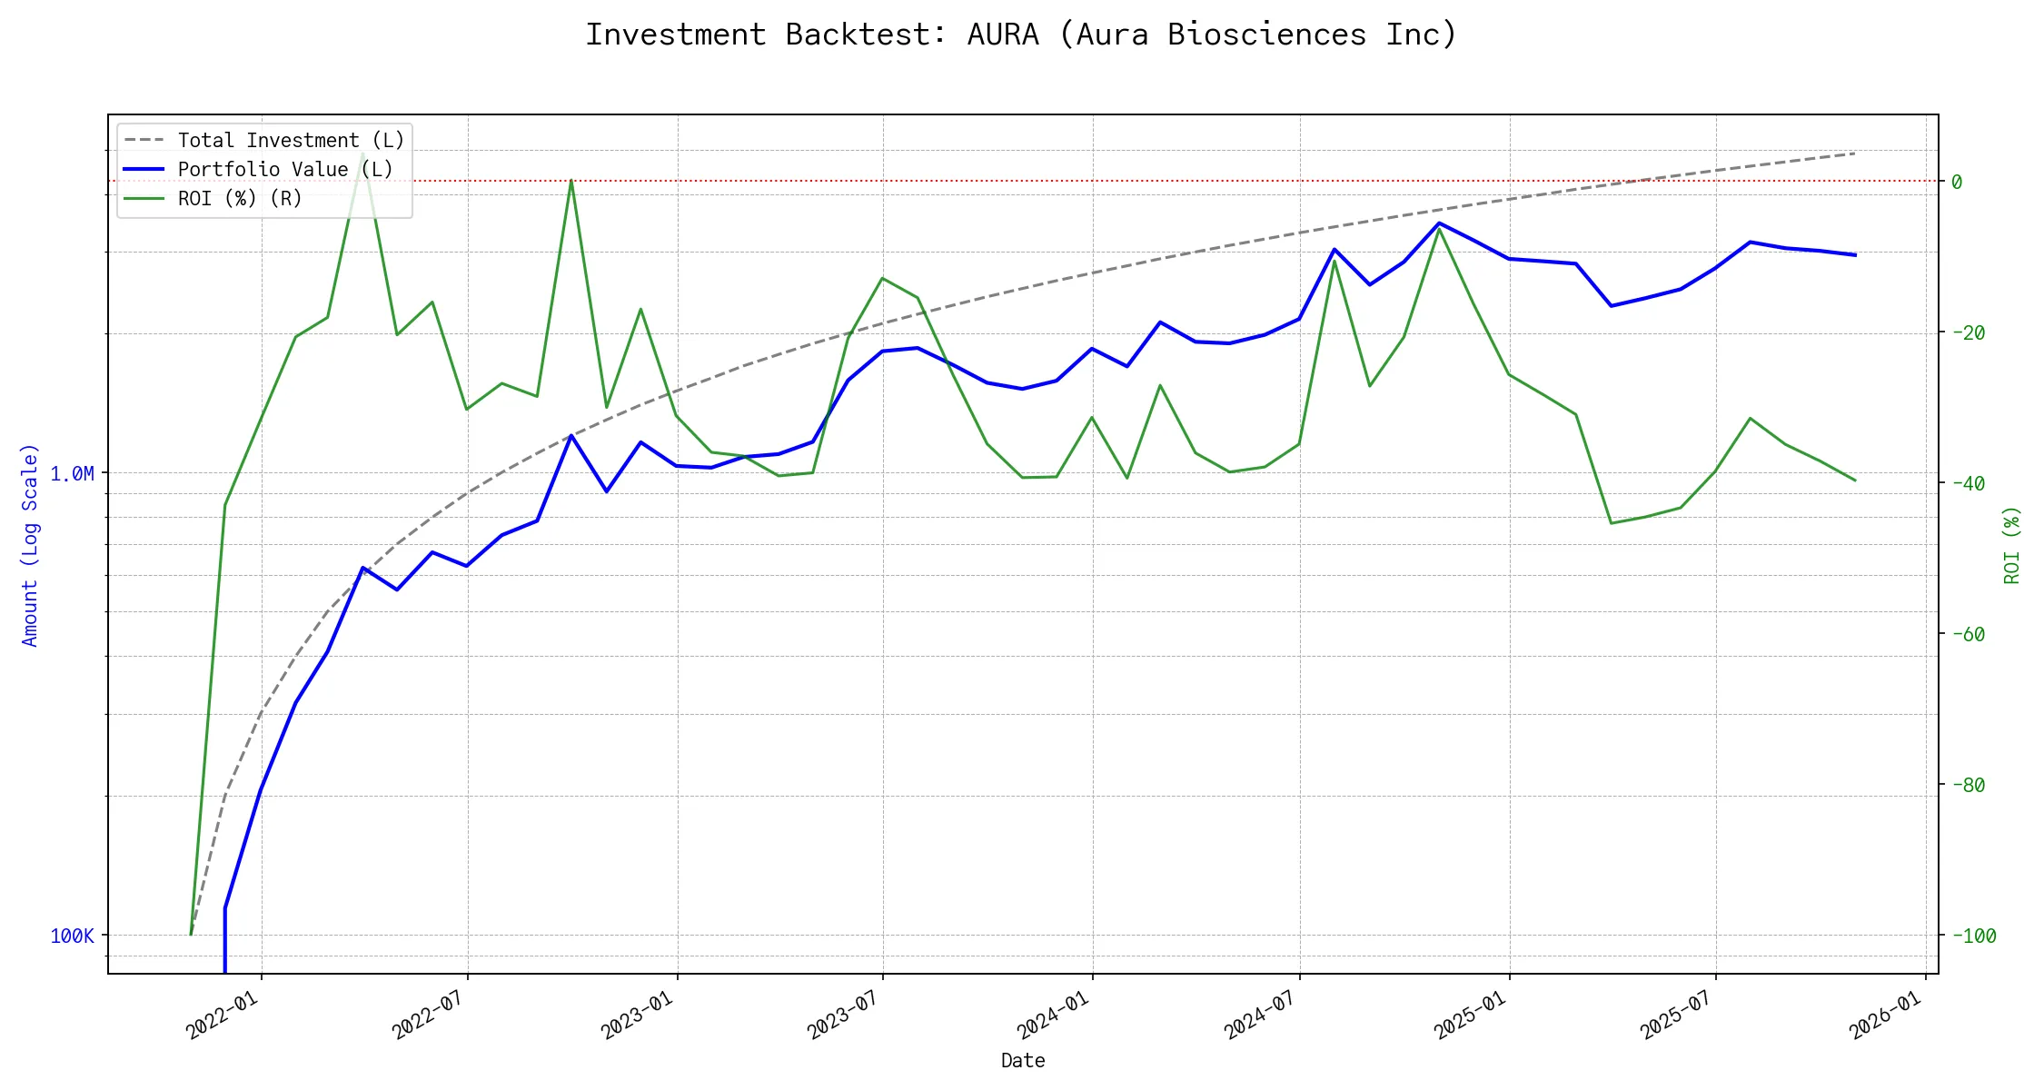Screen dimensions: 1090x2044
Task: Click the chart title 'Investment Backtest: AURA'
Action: coord(1021,35)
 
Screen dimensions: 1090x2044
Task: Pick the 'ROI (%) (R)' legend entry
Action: coord(240,199)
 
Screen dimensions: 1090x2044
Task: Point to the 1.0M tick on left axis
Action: coord(73,474)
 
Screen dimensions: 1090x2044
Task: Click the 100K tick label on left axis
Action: coord(73,936)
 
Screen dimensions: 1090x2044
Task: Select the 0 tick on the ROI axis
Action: coord(1957,182)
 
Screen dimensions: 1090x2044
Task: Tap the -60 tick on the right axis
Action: coord(1968,634)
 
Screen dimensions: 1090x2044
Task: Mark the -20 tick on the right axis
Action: coord(1968,332)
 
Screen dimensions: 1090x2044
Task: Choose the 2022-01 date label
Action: coord(223,1015)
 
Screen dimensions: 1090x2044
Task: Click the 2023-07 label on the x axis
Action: coord(844,1015)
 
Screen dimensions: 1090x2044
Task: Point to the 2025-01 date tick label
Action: coord(1471,1015)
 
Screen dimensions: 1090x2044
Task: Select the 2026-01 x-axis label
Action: coord(1887,1015)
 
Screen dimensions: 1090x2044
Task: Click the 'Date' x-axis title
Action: coord(1023,1061)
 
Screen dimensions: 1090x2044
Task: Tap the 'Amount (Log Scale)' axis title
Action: coord(30,545)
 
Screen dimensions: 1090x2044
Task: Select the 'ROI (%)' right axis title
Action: coord(2012,545)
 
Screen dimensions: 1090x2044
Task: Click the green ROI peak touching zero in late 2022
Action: coord(571,181)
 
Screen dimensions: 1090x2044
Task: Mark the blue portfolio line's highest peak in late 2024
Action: coord(1439,223)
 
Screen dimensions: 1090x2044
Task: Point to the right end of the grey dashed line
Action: coord(1855,154)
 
